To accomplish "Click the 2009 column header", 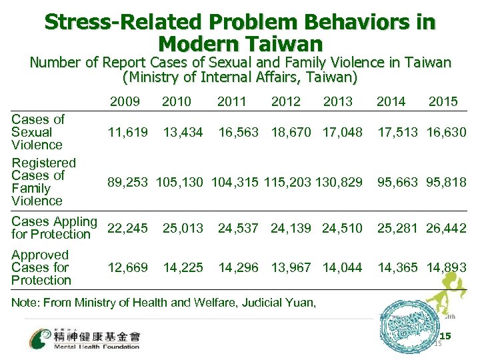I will point(125,101).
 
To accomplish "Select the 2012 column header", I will point(285,101).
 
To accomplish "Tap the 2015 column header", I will point(443,101).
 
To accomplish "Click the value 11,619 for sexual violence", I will point(128,132).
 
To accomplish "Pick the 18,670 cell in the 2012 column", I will point(291,132).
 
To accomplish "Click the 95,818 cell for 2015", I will point(443,182).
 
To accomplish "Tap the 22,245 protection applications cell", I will point(128,228).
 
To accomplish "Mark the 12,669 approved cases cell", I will point(128,267).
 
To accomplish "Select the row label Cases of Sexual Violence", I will point(38,132).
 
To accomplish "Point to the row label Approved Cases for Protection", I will point(41,267).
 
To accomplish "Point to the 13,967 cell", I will point(291,267).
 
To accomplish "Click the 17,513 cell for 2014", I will point(392,132).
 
